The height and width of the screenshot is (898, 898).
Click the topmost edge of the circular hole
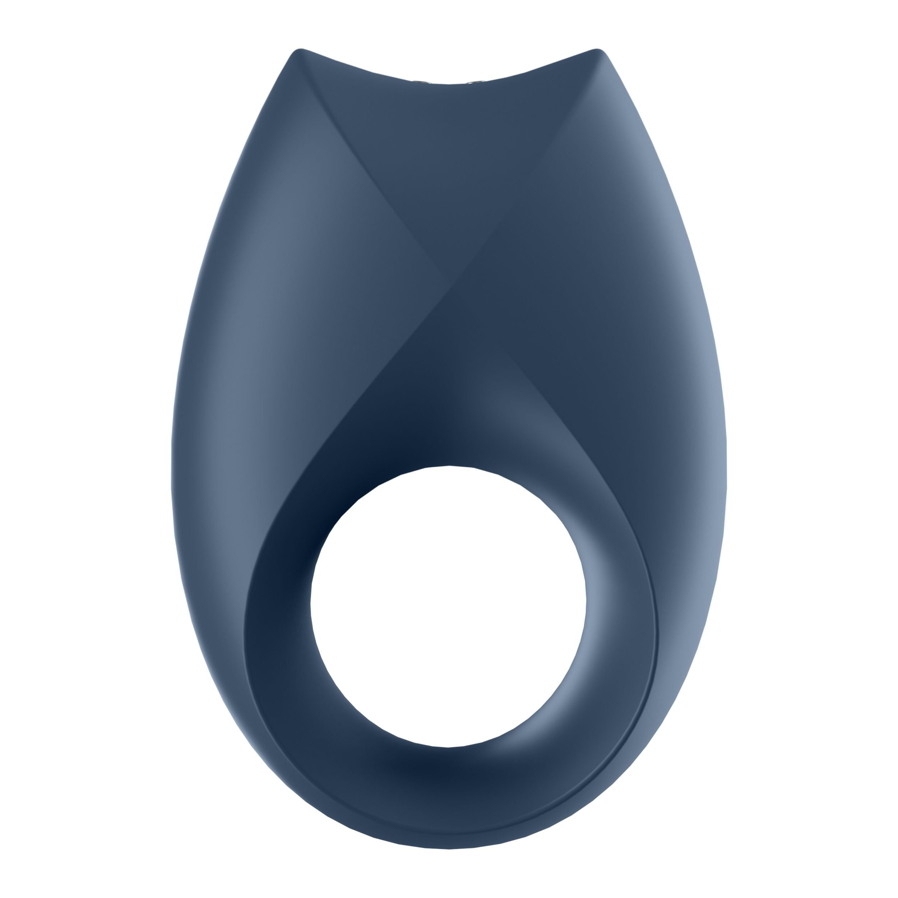tap(449, 466)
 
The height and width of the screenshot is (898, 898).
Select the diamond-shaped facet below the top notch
tap(449, 177)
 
